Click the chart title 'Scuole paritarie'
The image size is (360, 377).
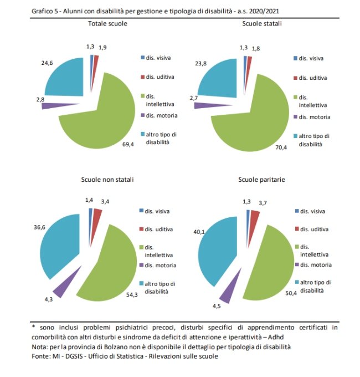point(262,179)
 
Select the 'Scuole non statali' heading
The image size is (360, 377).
point(107,179)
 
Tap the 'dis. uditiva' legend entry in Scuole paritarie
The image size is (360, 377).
point(315,228)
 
